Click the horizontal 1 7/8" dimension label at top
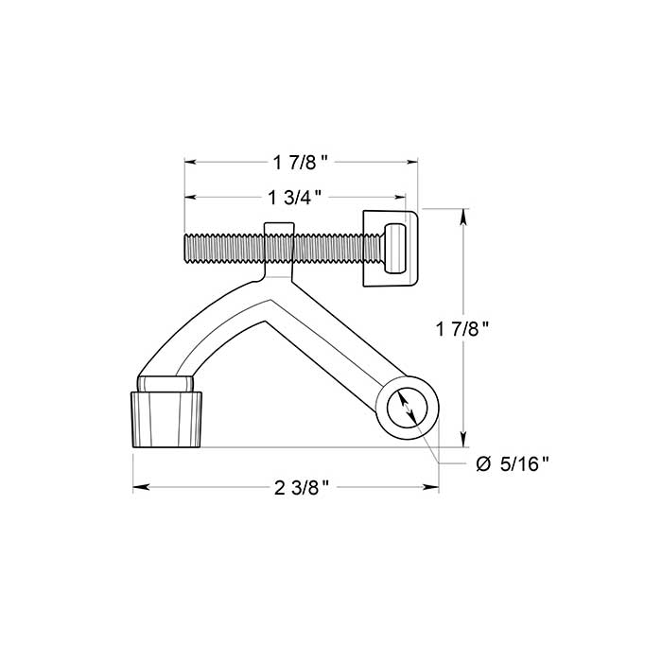[x=301, y=163]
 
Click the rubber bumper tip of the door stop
[x=167, y=419]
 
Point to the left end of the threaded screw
[x=187, y=249]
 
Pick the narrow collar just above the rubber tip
[x=167, y=382]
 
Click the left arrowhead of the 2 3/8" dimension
[x=139, y=488]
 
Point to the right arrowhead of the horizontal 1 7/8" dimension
[x=413, y=163]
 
